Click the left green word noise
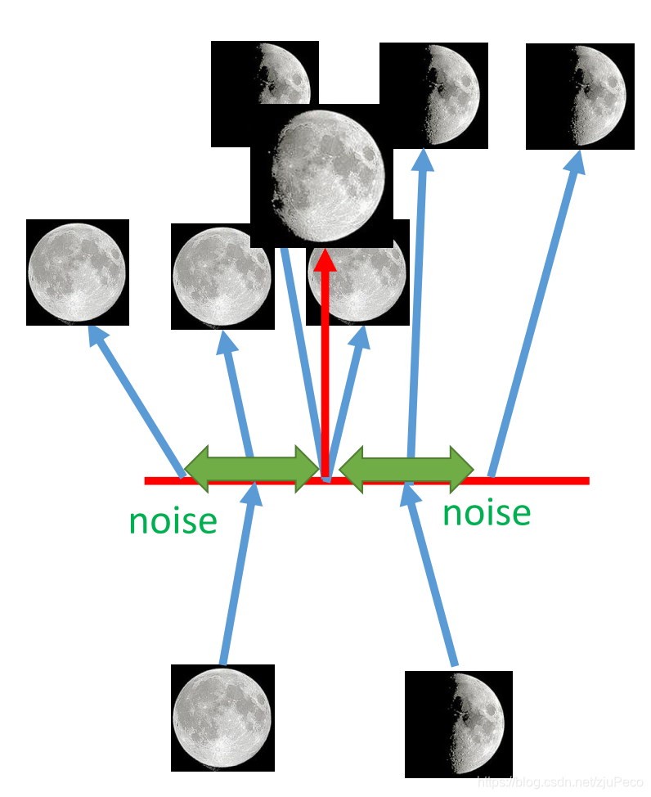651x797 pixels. click(173, 520)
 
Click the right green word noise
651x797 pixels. click(487, 513)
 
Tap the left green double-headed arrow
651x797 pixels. click(252, 468)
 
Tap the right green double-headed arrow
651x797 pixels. click(406, 468)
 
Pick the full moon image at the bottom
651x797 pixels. click(222, 718)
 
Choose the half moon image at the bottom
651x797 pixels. click(458, 723)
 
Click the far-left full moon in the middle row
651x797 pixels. click(77, 272)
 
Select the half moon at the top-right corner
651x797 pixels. click(580, 97)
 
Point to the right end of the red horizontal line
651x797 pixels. click(586, 480)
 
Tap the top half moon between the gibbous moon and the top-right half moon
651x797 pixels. click(433, 95)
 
